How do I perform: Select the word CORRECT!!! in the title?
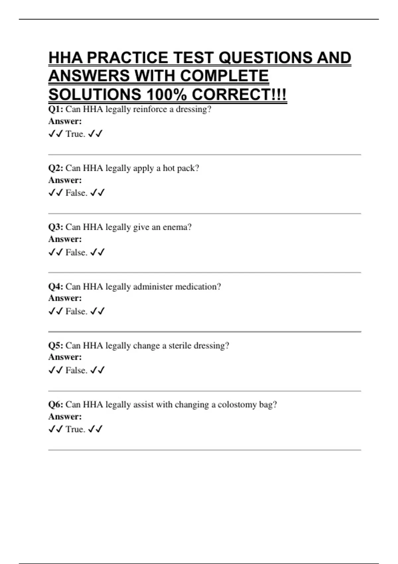(239, 95)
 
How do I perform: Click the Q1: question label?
(55, 109)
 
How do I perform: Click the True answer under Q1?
(75, 134)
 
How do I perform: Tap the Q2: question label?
(55, 168)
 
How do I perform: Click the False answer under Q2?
(76, 193)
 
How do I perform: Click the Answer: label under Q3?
(65, 239)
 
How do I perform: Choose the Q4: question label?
(55, 287)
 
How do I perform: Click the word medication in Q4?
(198, 287)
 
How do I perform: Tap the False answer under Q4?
(76, 311)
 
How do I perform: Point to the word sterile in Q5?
(179, 346)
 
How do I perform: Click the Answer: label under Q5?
(65, 357)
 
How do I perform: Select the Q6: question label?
(55, 404)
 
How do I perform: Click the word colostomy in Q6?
(237, 405)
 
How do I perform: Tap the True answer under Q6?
(75, 429)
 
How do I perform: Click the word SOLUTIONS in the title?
(95, 95)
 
